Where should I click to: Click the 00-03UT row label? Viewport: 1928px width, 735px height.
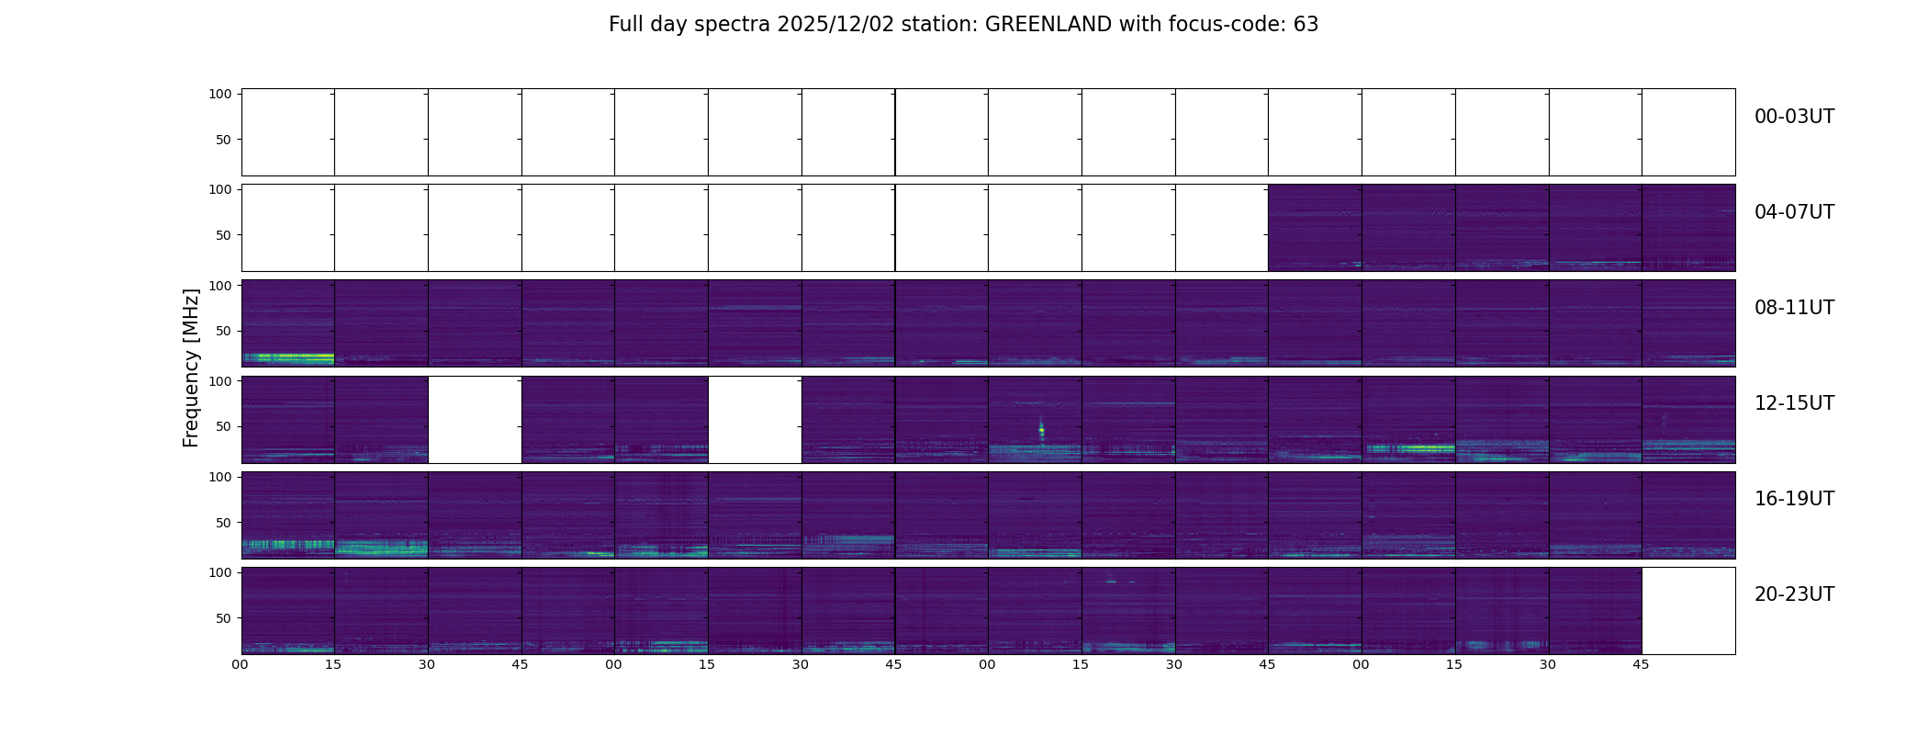click(1794, 117)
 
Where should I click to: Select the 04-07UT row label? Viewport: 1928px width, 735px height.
click(1794, 212)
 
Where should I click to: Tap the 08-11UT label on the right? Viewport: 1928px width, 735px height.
click(1794, 308)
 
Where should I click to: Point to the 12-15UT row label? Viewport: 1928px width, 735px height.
click(1794, 403)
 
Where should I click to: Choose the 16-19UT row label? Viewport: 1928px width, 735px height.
click(1794, 499)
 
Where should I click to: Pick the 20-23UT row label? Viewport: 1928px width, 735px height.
click(1794, 594)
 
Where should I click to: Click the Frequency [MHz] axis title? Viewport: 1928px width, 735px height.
click(191, 367)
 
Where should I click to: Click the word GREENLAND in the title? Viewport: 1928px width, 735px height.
click(1048, 25)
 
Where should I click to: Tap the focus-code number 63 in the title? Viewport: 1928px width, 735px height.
click(1306, 25)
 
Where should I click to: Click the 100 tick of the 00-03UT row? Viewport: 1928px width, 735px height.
click(220, 94)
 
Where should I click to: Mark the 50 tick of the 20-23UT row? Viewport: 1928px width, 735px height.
click(224, 618)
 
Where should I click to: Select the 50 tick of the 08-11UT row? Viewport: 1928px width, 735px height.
click(224, 331)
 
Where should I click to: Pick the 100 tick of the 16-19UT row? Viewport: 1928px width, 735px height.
click(220, 477)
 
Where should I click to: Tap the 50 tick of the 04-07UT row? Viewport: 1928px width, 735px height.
click(224, 235)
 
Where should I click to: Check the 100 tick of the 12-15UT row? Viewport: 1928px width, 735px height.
click(220, 380)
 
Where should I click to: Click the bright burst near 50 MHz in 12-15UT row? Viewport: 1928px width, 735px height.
click(1041, 429)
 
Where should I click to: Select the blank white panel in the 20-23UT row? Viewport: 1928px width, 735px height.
click(1687, 611)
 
